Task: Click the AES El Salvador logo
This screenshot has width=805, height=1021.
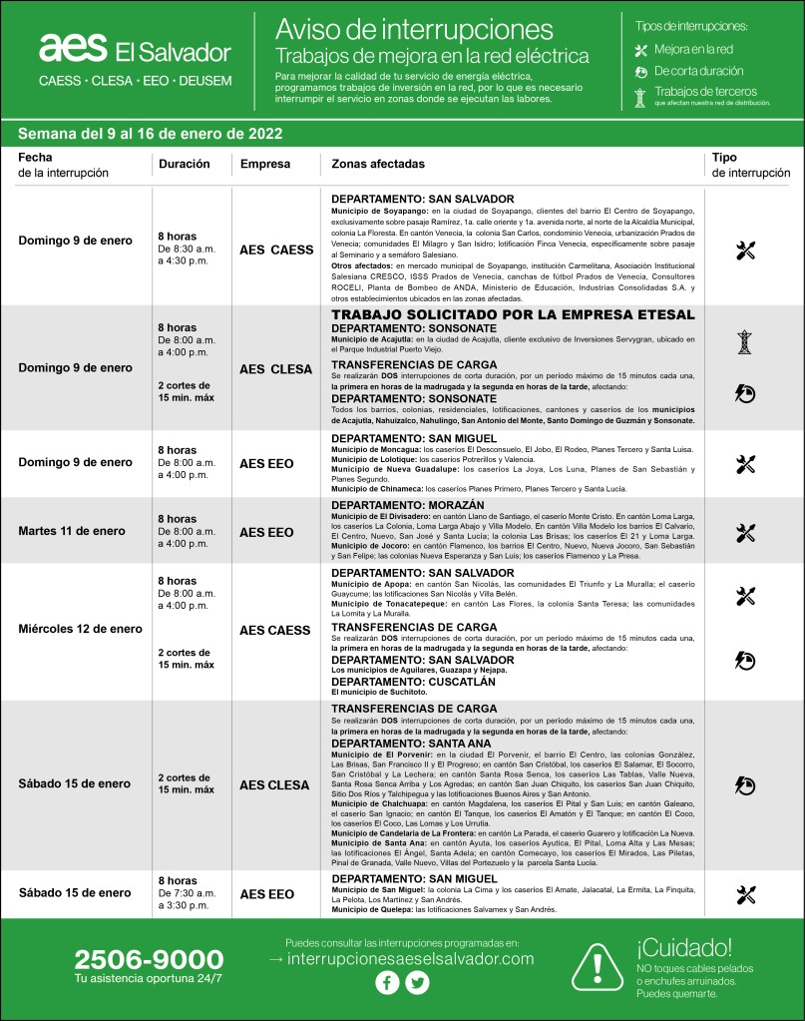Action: click(134, 50)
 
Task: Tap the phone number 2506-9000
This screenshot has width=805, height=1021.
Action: click(149, 960)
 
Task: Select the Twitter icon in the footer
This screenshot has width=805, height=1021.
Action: click(417, 983)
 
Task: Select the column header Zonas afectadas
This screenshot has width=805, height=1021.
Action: click(378, 164)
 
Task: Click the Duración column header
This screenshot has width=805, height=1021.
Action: click(184, 164)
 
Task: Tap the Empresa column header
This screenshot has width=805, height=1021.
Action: click(265, 164)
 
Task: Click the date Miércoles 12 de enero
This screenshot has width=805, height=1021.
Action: click(81, 630)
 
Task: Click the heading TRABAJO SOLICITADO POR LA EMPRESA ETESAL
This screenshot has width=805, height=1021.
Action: click(512, 314)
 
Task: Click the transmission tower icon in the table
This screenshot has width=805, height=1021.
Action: click(744, 342)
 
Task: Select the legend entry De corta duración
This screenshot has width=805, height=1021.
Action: click(698, 72)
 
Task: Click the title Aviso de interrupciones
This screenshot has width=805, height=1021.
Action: click(413, 27)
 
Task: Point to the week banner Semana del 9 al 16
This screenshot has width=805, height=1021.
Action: click(150, 134)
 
